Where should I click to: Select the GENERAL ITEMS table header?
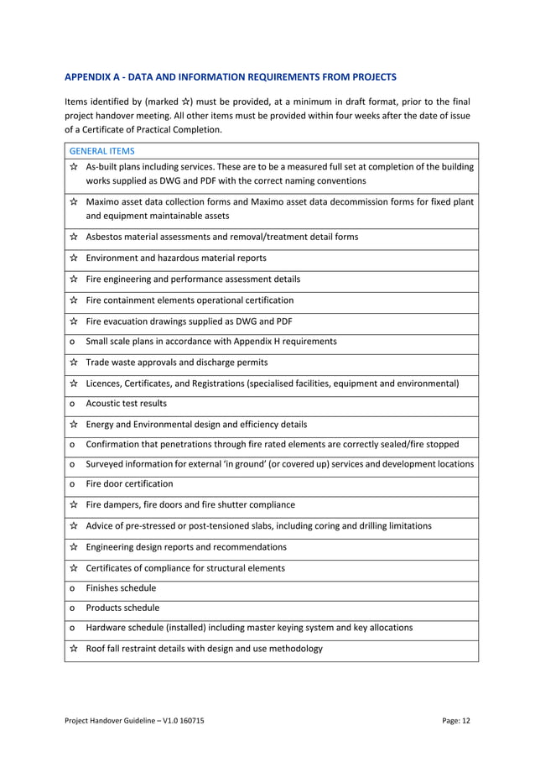[x=101, y=151]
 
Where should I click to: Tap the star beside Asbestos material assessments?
[x=74, y=238]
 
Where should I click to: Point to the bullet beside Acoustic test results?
[x=73, y=404]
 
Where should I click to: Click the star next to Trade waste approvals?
[x=74, y=363]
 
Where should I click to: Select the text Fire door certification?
[x=130, y=484]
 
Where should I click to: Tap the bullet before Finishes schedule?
[x=73, y=588]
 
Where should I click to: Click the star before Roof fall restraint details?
[x=74, y=649]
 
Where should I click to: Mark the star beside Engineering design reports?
[x=74, y=547]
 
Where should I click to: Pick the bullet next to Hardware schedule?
[x=73, y=628]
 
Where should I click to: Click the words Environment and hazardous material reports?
[x=176, y=258]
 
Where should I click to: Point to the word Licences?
[x=105, y=384]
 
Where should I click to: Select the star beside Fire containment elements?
[x=74, y=300]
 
